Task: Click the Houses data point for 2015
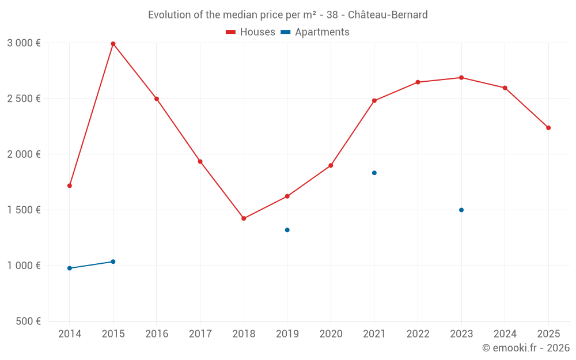[x=113, y=44]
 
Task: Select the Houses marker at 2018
[x=244, y=218]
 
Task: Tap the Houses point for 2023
[x=461, y=78]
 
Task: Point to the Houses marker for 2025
[x=548, y=128]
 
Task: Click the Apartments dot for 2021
[x=374, y=173]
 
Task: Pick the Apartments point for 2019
[x=287, y=230]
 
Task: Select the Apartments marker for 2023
[x=461, y=210]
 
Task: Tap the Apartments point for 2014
[x=70, y=268]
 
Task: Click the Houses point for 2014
[x=70, y=185]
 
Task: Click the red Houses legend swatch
[x=231, y=32]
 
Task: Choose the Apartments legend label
[x=322, y=32]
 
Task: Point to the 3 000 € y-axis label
[x=24, y=43]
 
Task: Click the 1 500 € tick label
[x=24, y=210]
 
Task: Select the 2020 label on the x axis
[x=331, y=334]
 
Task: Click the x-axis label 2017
[x=200, y=334]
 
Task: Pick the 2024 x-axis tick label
[x=505, y=334]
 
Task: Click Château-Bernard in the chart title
[x=388, y=15]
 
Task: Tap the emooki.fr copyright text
[x=525, y=348]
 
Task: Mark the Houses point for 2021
[x=374, y=101]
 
